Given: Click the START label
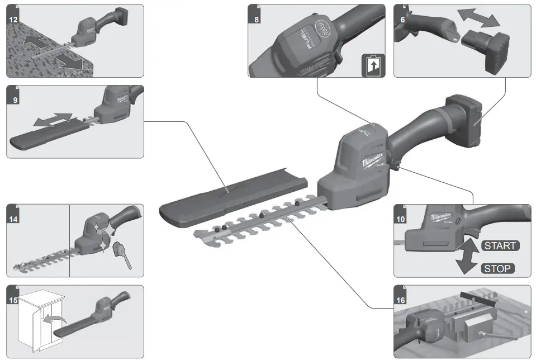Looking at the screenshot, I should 499,245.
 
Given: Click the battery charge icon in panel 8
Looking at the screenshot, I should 373,65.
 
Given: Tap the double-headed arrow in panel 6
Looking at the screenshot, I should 478,18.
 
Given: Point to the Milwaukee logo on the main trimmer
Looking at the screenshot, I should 372,162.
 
